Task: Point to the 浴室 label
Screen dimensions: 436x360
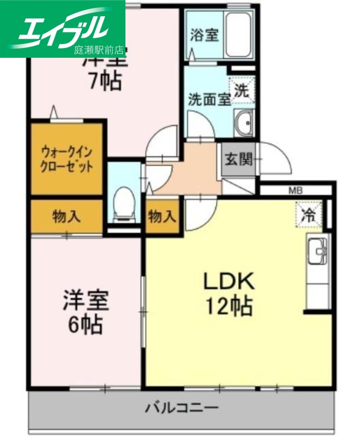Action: pos(205,35)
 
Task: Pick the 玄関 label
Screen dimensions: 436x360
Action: pos(238,160)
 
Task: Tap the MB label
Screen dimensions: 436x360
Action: pos(295,191)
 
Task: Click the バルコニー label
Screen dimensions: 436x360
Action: pos(182,407)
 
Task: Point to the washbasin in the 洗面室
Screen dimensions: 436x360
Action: pos(244,124)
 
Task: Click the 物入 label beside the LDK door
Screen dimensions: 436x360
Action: pos(162,217)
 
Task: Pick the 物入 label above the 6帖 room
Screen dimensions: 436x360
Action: pos(66,217)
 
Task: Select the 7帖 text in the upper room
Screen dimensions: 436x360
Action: pos(105,82)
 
